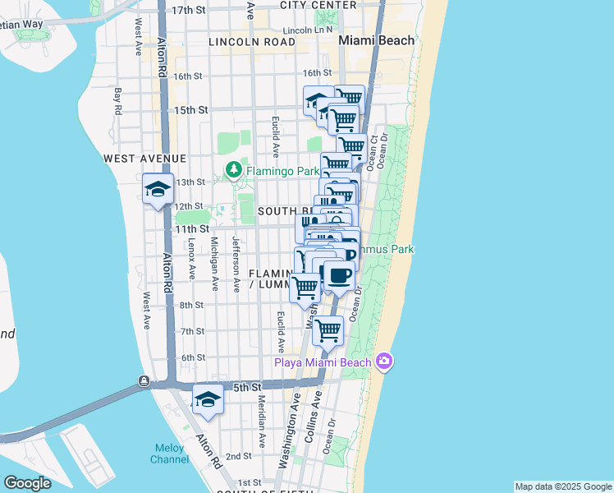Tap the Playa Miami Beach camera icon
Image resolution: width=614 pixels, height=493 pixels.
pyautogui.click(x=383, y=362)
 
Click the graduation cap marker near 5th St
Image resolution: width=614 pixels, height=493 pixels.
pyautogui.click(x=208, y=401)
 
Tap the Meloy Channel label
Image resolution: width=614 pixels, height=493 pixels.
pyautogui.click(x=168, y=454)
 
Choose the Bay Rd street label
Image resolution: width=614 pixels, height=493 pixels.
pyautogui.click(x=119, y=101)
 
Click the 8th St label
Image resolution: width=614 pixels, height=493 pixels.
pyautogui.click(x=192, y=305)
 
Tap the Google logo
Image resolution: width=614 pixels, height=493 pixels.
pyautogui.click(x=27, y=483)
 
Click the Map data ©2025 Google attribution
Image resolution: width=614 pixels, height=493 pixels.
pyautogui.click(x=562, y=486)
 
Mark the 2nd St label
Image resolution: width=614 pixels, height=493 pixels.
pyautogui.click(x=238, y=456)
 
